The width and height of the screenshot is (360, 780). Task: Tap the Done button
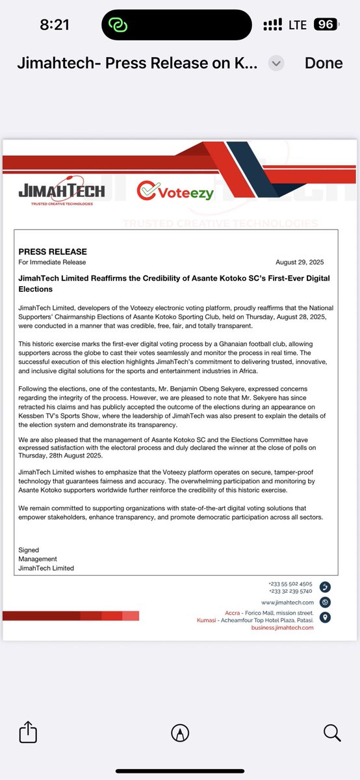(x=324, y=63)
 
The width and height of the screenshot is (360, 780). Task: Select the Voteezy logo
(x=175, y=191)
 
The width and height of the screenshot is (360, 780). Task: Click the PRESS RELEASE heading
(x=53, y=252)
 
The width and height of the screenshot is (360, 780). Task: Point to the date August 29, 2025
(x=300, y=263)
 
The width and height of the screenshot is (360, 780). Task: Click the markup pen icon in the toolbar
(x=180, y=733)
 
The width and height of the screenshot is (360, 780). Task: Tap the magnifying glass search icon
(x=331, y=733)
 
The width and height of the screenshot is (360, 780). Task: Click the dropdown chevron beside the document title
(x=277, y=63)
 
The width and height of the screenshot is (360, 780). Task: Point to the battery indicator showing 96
(x=325, y=25)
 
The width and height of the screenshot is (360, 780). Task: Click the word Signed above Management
(x=29, y=550)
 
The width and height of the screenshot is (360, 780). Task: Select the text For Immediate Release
(x=52, y=263)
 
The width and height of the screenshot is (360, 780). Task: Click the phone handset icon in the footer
(x=325, y=588)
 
